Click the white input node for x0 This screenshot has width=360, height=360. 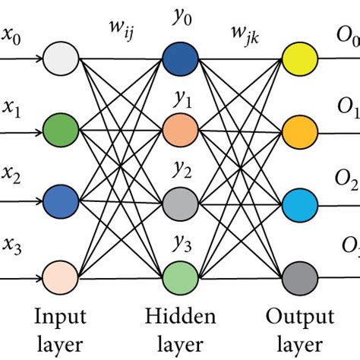(x=61, y=58)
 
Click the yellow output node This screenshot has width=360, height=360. (x=298, y=58)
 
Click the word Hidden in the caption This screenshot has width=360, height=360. (x=181, y=314)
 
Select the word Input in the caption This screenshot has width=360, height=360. (x=61, y=314)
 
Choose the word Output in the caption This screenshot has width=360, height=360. (x=298, y=314)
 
